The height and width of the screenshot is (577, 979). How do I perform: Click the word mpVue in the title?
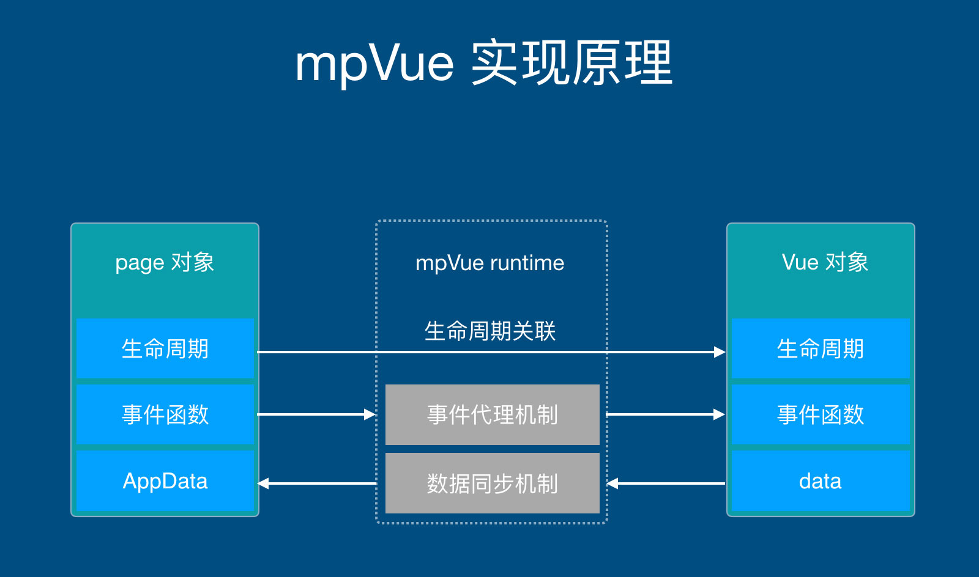374,64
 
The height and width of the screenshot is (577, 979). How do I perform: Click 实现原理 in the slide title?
571,64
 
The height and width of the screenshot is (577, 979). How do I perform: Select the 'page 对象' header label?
165,262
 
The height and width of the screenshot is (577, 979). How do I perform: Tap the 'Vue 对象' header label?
825,262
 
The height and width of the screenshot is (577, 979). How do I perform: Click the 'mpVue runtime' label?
489,263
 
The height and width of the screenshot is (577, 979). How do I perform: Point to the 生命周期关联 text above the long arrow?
489,331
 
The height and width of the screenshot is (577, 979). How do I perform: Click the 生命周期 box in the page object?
165,348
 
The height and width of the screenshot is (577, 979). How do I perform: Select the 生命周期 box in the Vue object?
820,348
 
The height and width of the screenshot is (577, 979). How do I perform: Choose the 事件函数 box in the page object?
165,414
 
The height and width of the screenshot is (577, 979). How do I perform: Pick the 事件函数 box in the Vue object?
820,414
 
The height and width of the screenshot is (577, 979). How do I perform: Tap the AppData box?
165,481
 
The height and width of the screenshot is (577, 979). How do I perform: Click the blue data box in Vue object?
820,481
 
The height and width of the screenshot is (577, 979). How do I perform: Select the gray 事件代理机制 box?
492,414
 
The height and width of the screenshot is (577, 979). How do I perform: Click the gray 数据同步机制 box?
492,483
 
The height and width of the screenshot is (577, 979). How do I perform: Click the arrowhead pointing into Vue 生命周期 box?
720,352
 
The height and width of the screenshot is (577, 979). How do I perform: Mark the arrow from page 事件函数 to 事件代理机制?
316,414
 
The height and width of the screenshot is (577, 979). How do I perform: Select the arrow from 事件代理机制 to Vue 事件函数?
665,414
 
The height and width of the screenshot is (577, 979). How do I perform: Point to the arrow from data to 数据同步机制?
666,483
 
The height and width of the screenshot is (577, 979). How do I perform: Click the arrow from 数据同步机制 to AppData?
317,483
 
